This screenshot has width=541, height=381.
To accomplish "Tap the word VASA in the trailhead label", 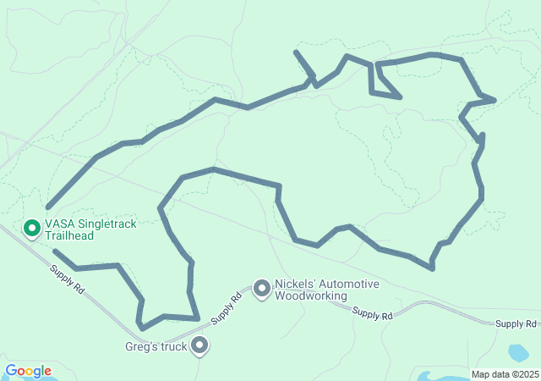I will [58, 224].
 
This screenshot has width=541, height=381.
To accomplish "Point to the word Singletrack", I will [104, 224].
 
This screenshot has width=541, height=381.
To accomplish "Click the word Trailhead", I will [68, 236].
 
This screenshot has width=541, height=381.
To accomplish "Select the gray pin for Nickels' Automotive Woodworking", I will [262, 290].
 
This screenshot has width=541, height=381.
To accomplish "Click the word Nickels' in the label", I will [297, 284].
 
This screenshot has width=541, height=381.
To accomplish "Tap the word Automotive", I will [349, 284].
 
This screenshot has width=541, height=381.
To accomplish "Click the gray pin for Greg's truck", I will [200, 345].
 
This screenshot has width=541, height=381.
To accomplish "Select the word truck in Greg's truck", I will [173, 345].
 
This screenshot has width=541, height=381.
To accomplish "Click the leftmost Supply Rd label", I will [67, 280].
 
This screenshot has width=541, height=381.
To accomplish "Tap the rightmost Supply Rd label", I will [516, 324].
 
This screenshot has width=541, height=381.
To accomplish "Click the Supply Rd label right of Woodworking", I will [373, 315].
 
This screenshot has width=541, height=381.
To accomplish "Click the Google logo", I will [29, 371].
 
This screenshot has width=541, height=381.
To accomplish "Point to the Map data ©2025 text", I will [504, 374].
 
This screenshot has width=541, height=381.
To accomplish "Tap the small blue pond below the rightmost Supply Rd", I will [517, 351].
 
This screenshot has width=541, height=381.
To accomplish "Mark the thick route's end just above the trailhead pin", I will [48, 207].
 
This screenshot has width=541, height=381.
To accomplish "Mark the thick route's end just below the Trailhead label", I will [54, 251].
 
